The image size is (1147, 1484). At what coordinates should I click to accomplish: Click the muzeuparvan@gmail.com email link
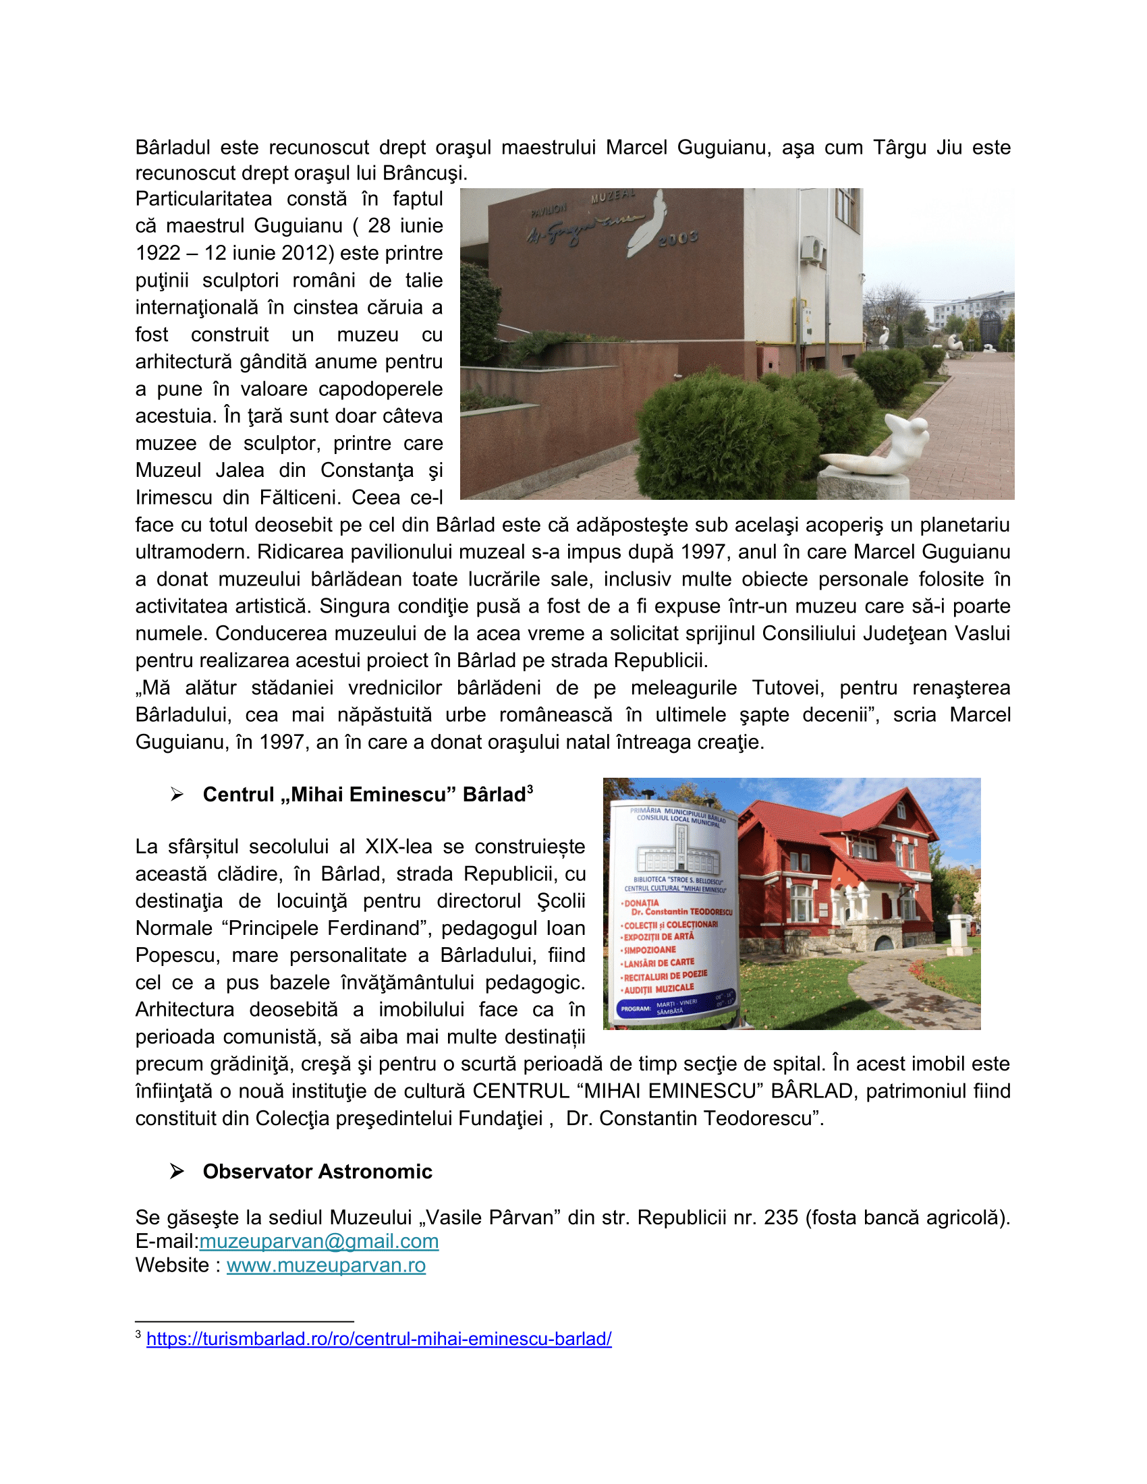tap(318, 1241)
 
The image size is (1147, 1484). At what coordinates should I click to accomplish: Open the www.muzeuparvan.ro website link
tap(326, 1265)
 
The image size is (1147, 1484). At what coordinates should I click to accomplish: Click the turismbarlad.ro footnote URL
tap(379, 1338)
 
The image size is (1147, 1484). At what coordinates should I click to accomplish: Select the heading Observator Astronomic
tap(317, 1172)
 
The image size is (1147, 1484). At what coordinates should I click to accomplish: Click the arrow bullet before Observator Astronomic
tap(177, 1172)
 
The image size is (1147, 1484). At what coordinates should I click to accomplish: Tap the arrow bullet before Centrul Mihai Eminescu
tap(177, 795)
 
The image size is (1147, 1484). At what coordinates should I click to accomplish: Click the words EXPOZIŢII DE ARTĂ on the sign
tap(659, 937)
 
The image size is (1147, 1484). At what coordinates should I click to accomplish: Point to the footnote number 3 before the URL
tap(138, 1334)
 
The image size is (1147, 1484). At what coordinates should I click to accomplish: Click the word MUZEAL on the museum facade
tap(612, 196)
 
